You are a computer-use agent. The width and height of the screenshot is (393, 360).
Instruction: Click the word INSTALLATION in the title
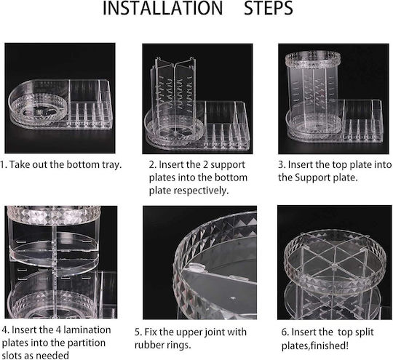click(163, 8)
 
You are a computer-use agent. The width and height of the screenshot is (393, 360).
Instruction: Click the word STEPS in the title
click(269, 8)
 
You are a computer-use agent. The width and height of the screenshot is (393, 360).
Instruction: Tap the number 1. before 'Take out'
click(4, 165)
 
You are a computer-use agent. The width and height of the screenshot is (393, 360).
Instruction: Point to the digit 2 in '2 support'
click(205, 165)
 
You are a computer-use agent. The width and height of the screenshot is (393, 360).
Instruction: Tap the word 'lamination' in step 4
click(87, 330)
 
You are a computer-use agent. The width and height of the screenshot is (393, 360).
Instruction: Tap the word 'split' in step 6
click(365, 332)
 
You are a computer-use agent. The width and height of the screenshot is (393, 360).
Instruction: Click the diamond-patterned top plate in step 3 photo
click(313, 60)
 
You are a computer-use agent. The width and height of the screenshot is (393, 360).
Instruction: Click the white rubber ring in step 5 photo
click(195, 267)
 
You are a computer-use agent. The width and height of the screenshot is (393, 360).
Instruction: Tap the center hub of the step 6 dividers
click(333, 265)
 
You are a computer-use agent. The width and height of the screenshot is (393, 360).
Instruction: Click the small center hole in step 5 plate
click(233, 299)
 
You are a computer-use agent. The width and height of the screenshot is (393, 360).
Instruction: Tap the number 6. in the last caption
click(285, 332)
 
